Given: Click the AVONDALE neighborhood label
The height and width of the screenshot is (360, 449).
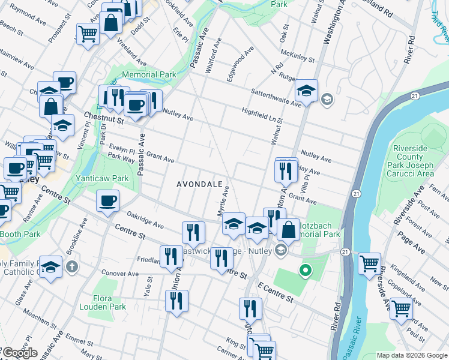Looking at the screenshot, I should coord(200,184).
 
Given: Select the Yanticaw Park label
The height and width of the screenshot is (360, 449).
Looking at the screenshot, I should coord(102,178).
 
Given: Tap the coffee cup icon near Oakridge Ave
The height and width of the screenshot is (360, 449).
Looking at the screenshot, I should coord(108,201).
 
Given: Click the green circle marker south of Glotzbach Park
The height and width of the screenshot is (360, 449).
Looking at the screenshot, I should coord(305,271).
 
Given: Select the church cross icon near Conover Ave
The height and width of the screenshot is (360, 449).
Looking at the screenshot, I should coord(71,265).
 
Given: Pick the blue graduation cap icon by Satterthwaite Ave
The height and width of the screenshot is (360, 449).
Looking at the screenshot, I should coord(306,91).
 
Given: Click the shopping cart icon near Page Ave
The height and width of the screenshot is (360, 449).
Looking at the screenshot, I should coord(370,263).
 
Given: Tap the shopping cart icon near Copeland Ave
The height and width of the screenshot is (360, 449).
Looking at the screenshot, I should coord(400,308).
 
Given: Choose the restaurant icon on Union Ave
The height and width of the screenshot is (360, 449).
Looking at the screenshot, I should coord(176,301).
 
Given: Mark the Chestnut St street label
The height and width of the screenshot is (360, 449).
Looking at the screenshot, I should coord(103,118).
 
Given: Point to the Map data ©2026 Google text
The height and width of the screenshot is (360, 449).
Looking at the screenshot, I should coord(411,355).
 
